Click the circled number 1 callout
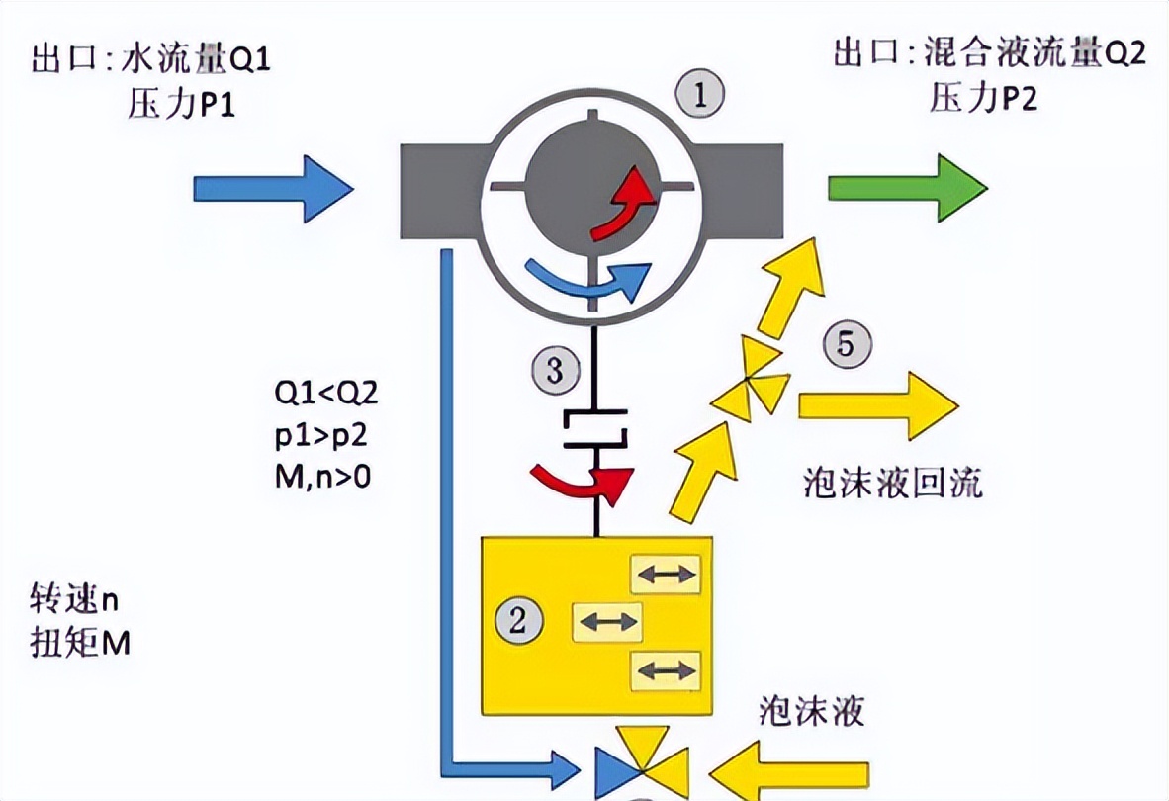[699, 96]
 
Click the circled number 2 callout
[525, 621]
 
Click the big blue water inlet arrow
[273, 187]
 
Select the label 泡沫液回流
[893, 483]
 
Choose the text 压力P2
[983, 97]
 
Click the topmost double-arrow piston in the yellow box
[666, 574]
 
